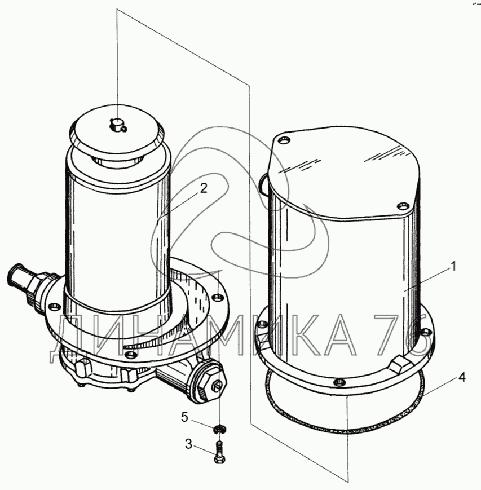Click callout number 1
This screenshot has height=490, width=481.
click(453, 267)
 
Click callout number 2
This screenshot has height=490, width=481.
click(204, 188)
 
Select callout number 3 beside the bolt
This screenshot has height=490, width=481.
click(188, 444)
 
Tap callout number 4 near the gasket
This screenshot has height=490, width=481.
click(462, 377)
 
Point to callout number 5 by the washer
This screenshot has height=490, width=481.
click(185, 417)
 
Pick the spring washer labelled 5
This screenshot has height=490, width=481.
click(220, 429)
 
